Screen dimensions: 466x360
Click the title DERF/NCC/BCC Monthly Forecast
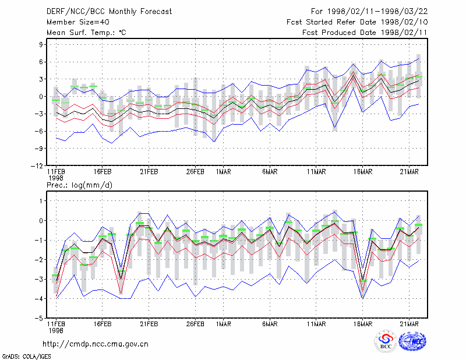109,12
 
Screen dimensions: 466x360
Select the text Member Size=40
78,22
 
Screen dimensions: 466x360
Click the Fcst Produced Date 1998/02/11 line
365,33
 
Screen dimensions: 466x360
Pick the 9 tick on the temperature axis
41,45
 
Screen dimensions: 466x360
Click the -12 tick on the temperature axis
37,166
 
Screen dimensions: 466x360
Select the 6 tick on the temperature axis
41,62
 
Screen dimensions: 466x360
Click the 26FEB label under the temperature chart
195,172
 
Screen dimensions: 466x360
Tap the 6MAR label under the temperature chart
270,172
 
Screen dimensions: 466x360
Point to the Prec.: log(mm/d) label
79,185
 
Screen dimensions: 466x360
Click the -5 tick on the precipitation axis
39,318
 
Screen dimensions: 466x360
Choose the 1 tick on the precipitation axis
41,201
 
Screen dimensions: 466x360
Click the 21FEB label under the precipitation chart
149,324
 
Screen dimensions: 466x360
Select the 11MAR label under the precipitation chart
316,324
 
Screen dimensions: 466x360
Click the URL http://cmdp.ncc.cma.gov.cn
96,344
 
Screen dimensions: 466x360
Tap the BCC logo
386,341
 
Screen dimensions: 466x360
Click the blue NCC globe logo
412,341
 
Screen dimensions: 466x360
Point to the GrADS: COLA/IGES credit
26,357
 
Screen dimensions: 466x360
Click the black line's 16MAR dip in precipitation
362,280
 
